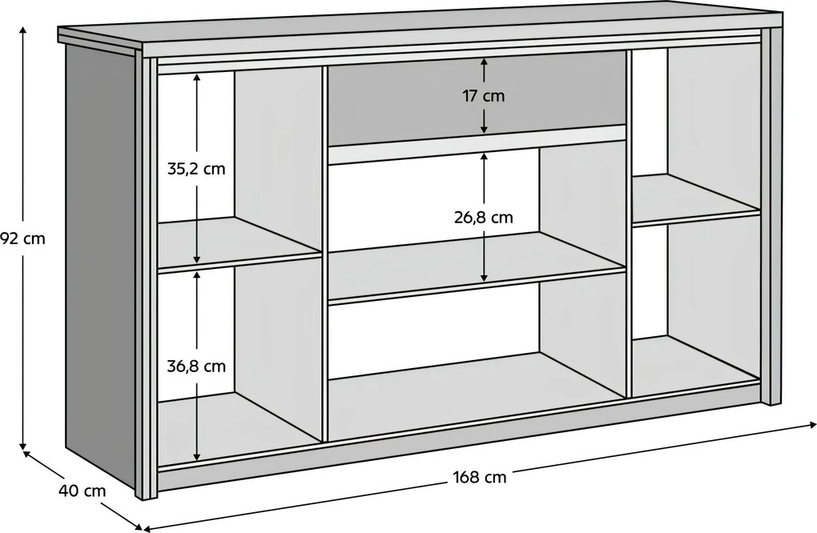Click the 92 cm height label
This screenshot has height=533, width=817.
(22, 238)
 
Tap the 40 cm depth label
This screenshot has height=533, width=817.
(82, 491)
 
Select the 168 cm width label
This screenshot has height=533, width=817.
(479, 477)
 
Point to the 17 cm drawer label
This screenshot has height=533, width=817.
(484, 96)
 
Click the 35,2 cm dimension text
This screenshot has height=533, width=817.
(196, 169)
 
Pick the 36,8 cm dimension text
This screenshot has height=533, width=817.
(196, 367)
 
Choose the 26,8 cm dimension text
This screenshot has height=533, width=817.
(484, 217)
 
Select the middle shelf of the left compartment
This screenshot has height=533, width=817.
(239, 243)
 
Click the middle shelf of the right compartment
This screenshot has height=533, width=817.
(695, 200)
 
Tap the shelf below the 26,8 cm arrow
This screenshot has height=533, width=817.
(477, 267)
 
